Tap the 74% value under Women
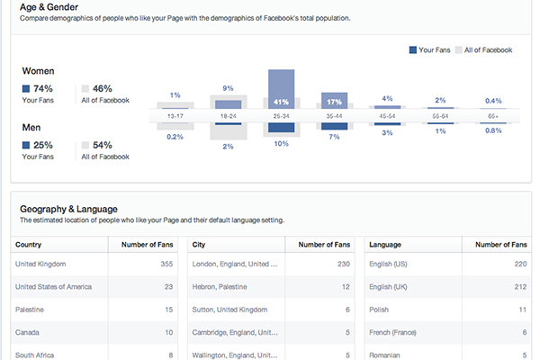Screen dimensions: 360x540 pos(42,88)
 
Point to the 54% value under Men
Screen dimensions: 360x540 pos(102,145)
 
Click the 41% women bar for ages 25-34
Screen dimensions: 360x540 pos(282,102)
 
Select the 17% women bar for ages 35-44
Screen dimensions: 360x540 pos(335,102)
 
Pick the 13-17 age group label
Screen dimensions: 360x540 pos(175,116)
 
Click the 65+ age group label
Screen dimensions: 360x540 pos(492,116)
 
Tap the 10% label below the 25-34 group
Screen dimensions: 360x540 pos(282,144)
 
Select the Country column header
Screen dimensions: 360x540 pos(29,244)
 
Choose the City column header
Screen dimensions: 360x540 pos(200,244)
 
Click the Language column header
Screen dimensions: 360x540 pos(386,244)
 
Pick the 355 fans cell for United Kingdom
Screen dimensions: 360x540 pos(165,265)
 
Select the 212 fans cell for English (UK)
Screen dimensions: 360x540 pos(518,286)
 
